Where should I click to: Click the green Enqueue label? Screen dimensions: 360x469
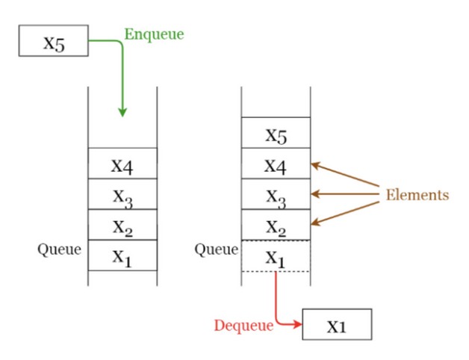click(x=153, y=34)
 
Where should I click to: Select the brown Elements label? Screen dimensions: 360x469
click(x=417, y=195)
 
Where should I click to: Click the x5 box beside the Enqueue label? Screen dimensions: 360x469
click(x=54, y=41)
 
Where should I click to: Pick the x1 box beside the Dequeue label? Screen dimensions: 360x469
click(x=337, y=325)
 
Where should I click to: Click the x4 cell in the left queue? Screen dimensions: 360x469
click(x=122, y=164)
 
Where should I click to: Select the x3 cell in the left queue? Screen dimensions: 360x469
click(x=122, y=194)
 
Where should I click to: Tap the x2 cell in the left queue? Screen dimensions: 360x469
click(x=122, y=225)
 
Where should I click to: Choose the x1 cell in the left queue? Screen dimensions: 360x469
click(x=122, y=255)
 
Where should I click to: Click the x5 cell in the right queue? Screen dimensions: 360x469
click(x=276, y=134)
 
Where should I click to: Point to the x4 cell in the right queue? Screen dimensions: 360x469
click(x=276, y=164)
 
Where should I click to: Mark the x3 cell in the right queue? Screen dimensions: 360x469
click(x=276, y=195)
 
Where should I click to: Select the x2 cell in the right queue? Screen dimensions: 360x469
click(x=276, y=226)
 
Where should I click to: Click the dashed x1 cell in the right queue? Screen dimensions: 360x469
click(x=276, y=256)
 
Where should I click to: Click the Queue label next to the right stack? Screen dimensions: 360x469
click(x=216, y=249)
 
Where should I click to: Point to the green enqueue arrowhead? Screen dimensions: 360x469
click(x=122, y=112)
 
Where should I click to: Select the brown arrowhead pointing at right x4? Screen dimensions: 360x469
click(x=314, y=164)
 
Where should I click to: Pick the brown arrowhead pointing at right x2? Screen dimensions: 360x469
click(x=314, y=222)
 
